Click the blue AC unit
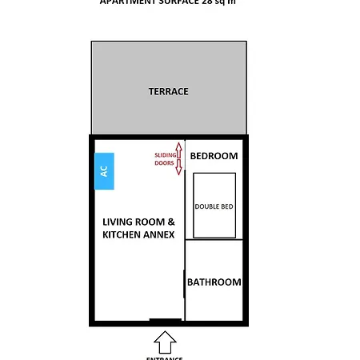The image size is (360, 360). pos(104,171)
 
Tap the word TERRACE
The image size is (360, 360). pos(168,91)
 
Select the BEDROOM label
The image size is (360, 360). pos(214,155)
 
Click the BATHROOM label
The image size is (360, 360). pos(214,282)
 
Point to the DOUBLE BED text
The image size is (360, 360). pos(214,206)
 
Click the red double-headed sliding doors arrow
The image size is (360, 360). pos(178,158)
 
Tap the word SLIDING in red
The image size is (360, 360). pos(164,154)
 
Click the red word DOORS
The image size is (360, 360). pos(164,163)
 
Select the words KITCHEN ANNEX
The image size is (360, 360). pos(138,234)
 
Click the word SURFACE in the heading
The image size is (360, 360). pos(175,2)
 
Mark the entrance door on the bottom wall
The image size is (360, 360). pos(165,322)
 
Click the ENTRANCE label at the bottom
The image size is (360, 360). pos(165,358)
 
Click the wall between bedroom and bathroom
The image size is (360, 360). pos(214,240)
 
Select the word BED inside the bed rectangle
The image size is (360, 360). pos(227,206)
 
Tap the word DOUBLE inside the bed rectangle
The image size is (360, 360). pos(207,206)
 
